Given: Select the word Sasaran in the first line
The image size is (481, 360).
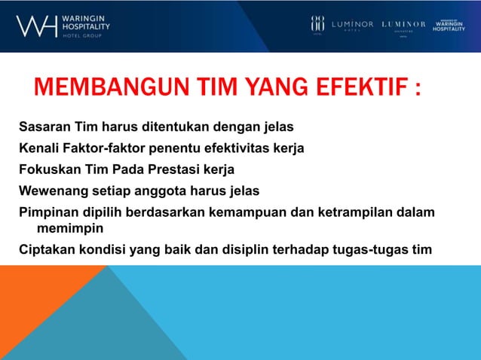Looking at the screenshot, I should tap(44, 127).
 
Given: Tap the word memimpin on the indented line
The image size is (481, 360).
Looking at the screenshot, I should tap(66, 228).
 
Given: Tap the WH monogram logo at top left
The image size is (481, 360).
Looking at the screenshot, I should tap(36, 26).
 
